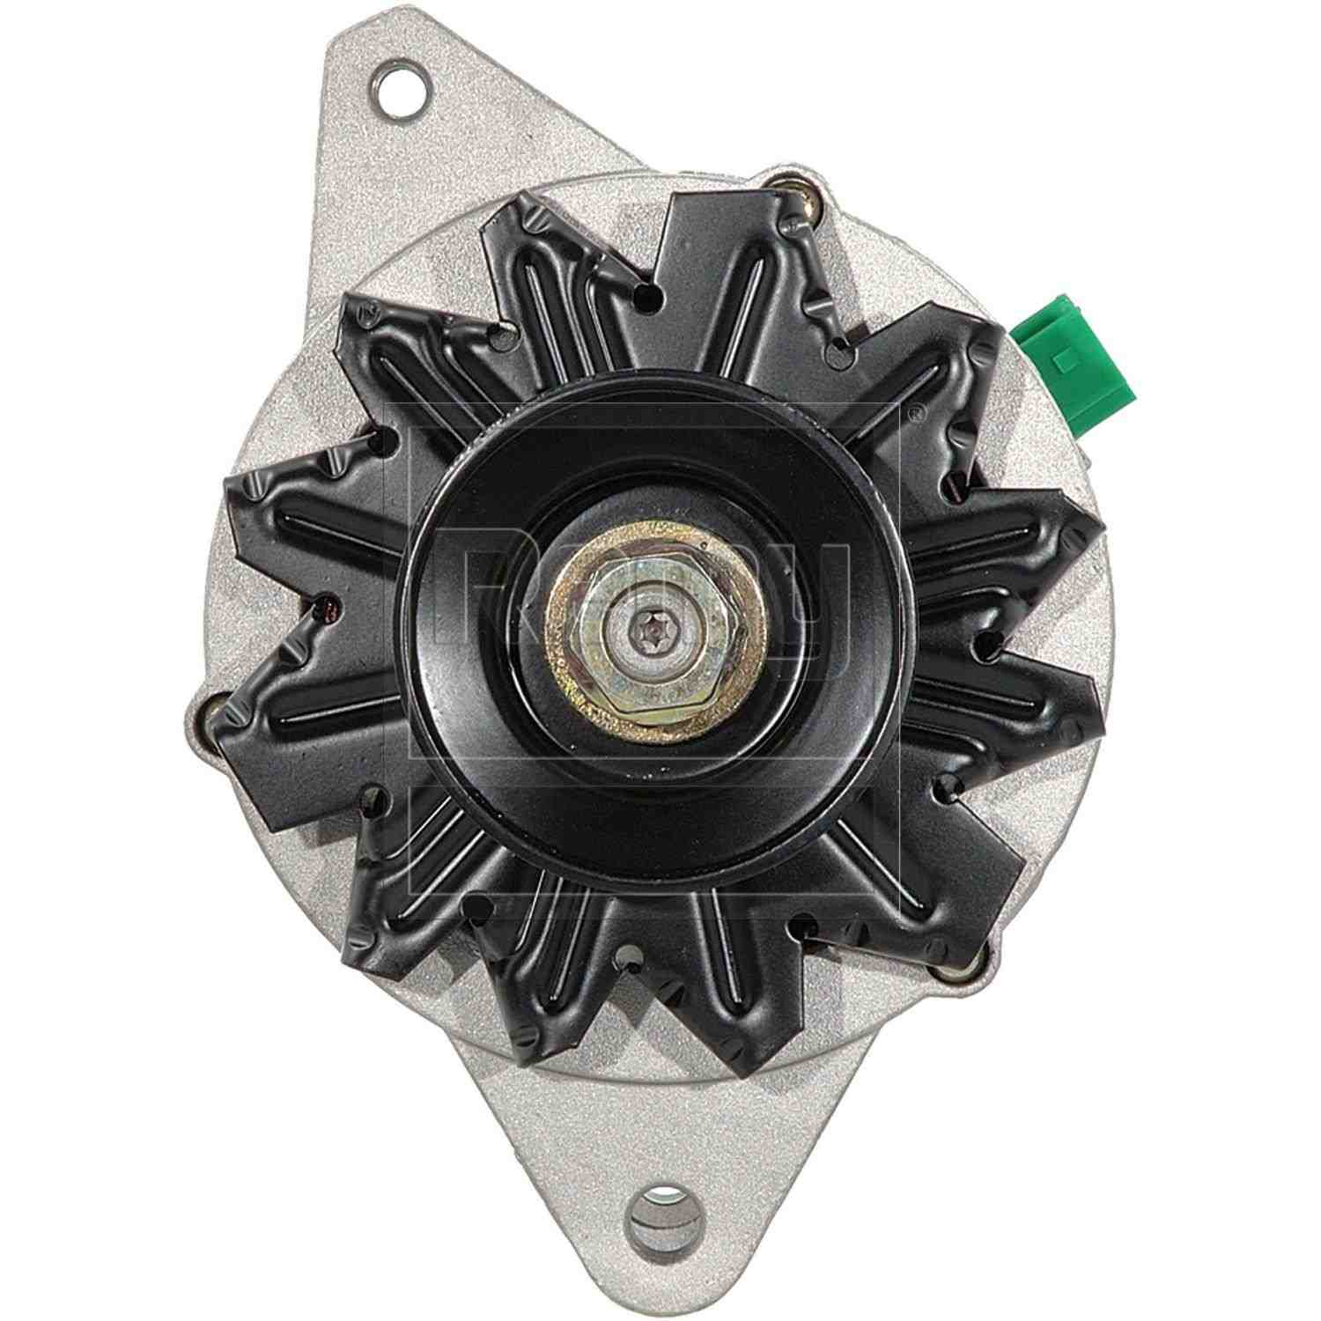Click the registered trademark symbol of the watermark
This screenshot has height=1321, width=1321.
(916, 410)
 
